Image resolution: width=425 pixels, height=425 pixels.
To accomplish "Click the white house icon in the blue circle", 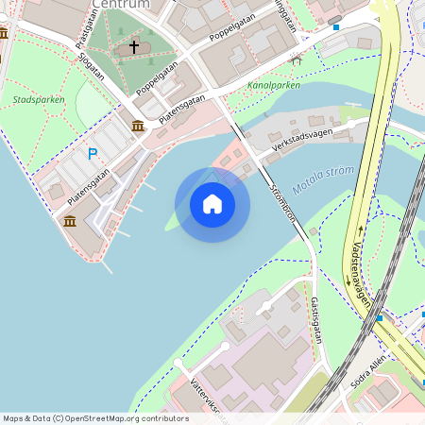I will (212, 204).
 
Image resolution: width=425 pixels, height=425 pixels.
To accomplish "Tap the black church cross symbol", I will (134, 45).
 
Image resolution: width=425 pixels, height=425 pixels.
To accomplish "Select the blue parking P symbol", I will (93, 153).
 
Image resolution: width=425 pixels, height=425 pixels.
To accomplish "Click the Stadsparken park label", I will (33, 98).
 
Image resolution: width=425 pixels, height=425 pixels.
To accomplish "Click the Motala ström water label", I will (323, 179).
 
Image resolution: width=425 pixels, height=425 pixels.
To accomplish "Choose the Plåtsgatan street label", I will (89, 25).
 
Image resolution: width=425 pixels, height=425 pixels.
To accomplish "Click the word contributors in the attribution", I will (160, 418).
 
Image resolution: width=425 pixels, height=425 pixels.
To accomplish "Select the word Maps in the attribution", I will (14, 418).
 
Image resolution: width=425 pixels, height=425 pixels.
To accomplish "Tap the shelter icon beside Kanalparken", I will (297, 61).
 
